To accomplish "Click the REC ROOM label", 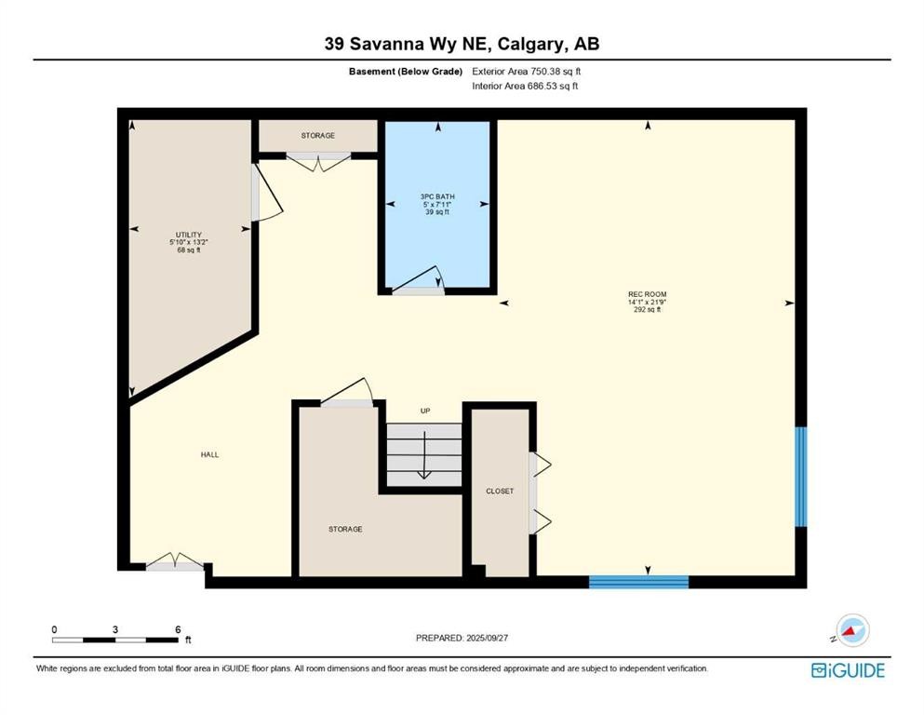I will pos(647,294).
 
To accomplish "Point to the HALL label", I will pos(209,454).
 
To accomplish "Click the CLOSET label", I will pos(500,492).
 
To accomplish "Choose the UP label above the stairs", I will pos(425,411).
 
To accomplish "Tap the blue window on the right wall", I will pos(800,477).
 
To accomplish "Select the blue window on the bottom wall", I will pos(638,582).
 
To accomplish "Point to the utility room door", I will pos(265,194).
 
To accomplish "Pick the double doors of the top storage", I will pos(317,163).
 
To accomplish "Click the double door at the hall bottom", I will pos(175,561).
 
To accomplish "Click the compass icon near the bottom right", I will pos(850,630).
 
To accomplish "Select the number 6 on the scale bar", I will pos(178,629).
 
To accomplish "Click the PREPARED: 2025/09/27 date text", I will pos(462,638).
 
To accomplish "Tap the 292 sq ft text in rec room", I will pos(647,310).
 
